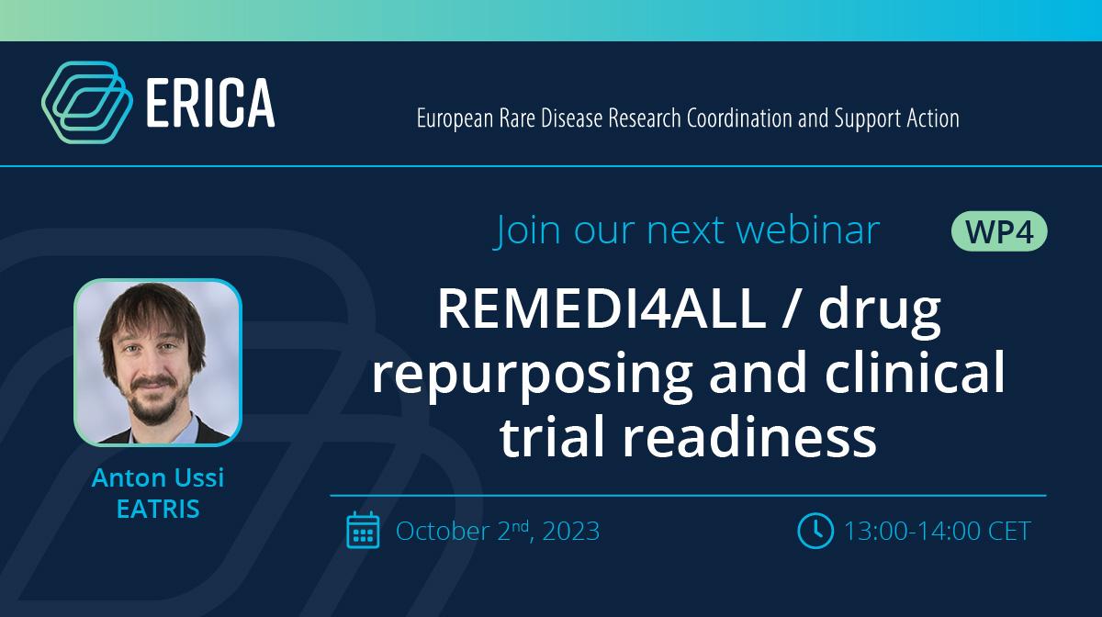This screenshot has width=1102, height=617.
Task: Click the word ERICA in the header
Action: (210, 104)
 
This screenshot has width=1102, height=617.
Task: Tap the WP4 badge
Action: (999, 231)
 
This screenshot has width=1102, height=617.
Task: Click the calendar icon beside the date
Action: (363, 530)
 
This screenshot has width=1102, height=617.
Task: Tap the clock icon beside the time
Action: (815, 531)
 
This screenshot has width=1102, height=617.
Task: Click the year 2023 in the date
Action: (571, 532)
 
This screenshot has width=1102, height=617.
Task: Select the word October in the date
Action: (443, 532)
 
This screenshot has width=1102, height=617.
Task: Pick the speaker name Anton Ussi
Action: (158, 477)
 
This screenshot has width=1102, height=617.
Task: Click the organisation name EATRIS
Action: (158, 509)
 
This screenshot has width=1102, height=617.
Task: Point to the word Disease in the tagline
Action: (571, 118)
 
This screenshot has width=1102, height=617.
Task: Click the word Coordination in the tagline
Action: (739, 118)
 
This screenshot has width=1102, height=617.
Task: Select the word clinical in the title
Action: (915, 372)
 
